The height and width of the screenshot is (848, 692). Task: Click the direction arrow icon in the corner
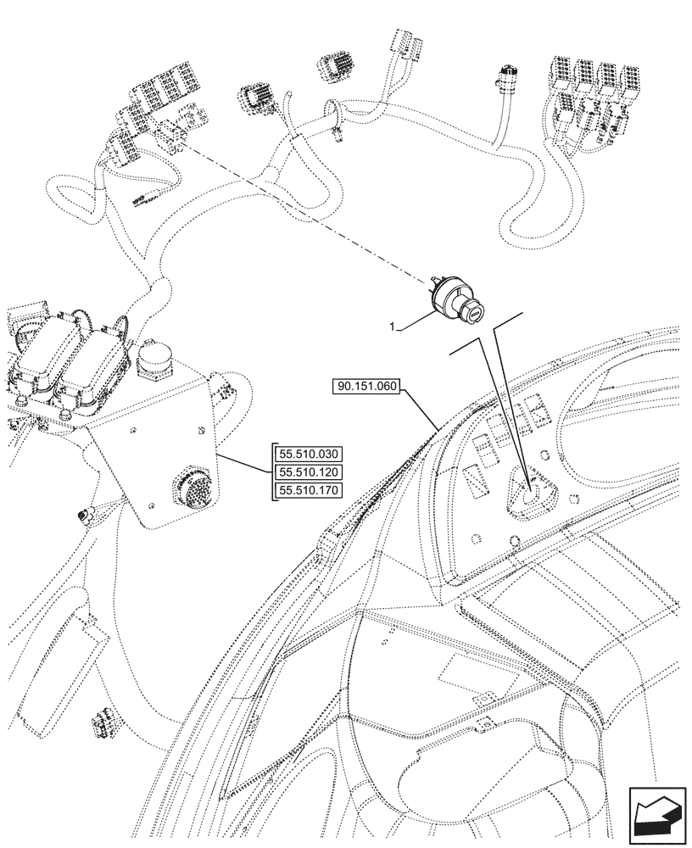[x=656, y=812]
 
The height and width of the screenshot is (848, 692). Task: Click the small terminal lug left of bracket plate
[x=82, y=515]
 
